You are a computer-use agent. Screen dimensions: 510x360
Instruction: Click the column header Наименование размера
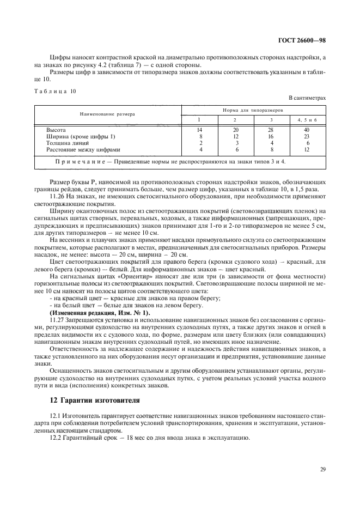107,114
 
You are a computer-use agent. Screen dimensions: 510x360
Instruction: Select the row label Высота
56,130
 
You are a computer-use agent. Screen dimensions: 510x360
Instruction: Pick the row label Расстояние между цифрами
83,149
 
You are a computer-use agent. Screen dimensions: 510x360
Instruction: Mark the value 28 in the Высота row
271,130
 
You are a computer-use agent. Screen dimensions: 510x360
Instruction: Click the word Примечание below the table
78,162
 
